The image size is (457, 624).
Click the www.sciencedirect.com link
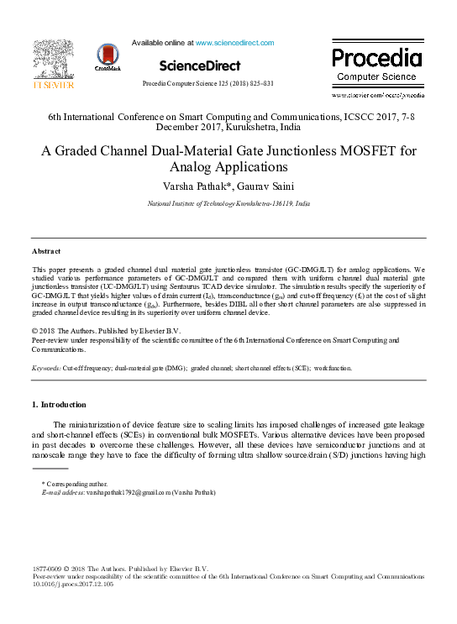tap(234, 43)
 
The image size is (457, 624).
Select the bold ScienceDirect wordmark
tap(199, 66)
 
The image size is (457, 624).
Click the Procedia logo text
tap(376, 58)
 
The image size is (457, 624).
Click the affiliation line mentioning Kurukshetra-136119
tap(228, 204)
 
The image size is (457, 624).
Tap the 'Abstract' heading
tap(47, 251)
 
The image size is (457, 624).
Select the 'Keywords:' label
tap(46, 368)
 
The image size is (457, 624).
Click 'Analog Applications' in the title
tap(228, 168)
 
